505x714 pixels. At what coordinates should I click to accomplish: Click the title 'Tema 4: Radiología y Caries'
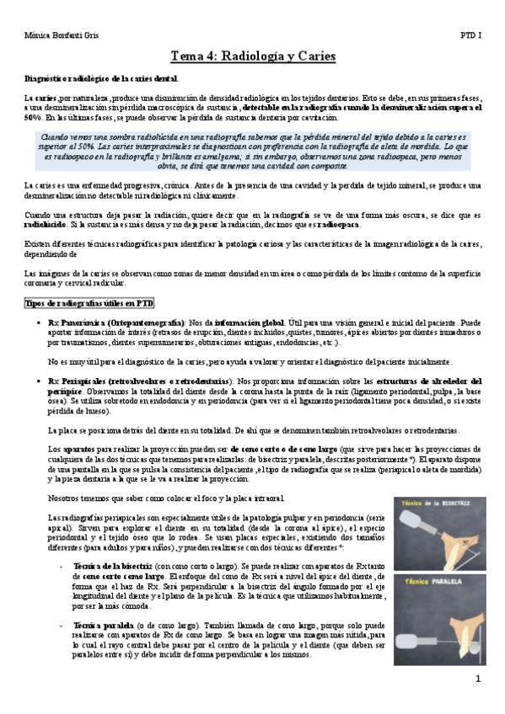[x=253, y=57]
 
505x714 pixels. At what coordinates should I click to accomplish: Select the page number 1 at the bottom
[x=477, y=679]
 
